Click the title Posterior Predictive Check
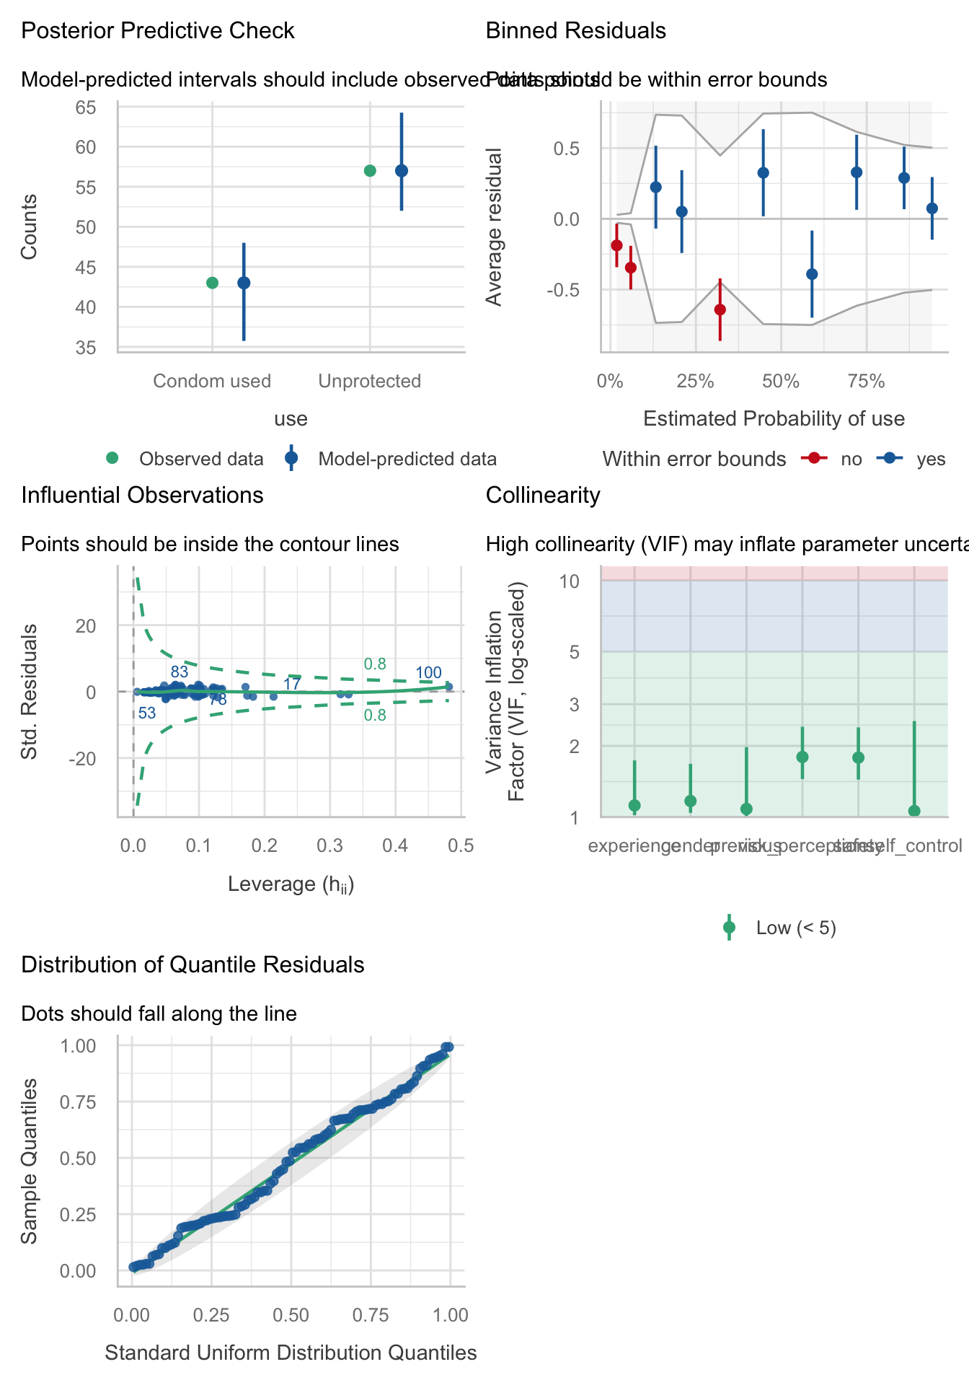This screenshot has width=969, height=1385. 158,31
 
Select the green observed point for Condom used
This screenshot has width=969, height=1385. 212,283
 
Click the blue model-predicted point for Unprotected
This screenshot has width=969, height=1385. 402,171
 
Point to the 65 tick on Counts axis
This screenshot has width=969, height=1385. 86,107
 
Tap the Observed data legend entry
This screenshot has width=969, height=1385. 201,460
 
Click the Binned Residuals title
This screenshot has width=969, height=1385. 575,31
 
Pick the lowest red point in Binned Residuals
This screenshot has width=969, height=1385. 720,309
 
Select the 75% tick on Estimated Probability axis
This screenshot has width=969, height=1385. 866,382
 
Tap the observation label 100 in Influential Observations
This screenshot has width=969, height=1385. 428,673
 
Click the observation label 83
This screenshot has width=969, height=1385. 180,672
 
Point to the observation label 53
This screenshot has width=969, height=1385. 147,713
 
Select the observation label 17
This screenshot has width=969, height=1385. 292,684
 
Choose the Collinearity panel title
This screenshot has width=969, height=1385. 542,496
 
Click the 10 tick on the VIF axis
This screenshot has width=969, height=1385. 571,581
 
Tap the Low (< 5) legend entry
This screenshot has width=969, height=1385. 796,928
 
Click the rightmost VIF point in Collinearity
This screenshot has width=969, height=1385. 914,811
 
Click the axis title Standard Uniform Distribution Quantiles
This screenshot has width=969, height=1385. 291,1353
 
